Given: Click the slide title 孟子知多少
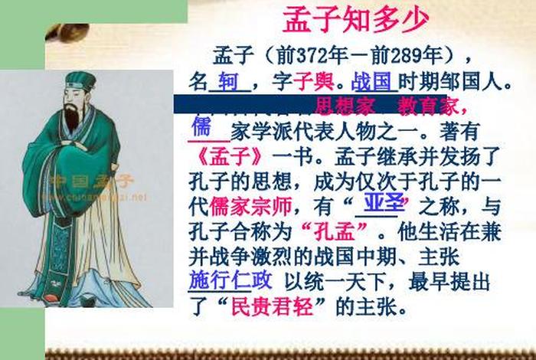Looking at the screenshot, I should (x=355, y=21).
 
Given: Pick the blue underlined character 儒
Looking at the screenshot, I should (x=201, y=128).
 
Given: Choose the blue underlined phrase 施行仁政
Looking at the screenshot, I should (x=227, y=280).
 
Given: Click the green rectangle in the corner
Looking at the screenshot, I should (x=92, y=11).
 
